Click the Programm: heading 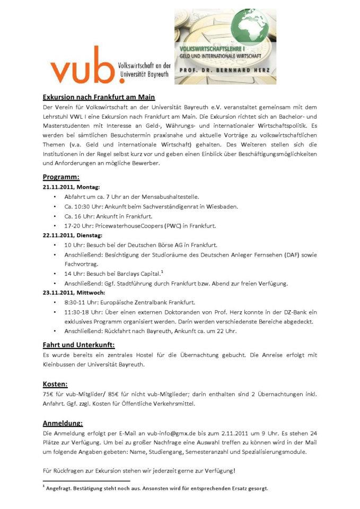click(x=61, y=177)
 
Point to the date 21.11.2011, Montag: click(x=72, y=187)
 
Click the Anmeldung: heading click(x=63, y=423)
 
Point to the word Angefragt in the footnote click(x=60, y=488)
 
